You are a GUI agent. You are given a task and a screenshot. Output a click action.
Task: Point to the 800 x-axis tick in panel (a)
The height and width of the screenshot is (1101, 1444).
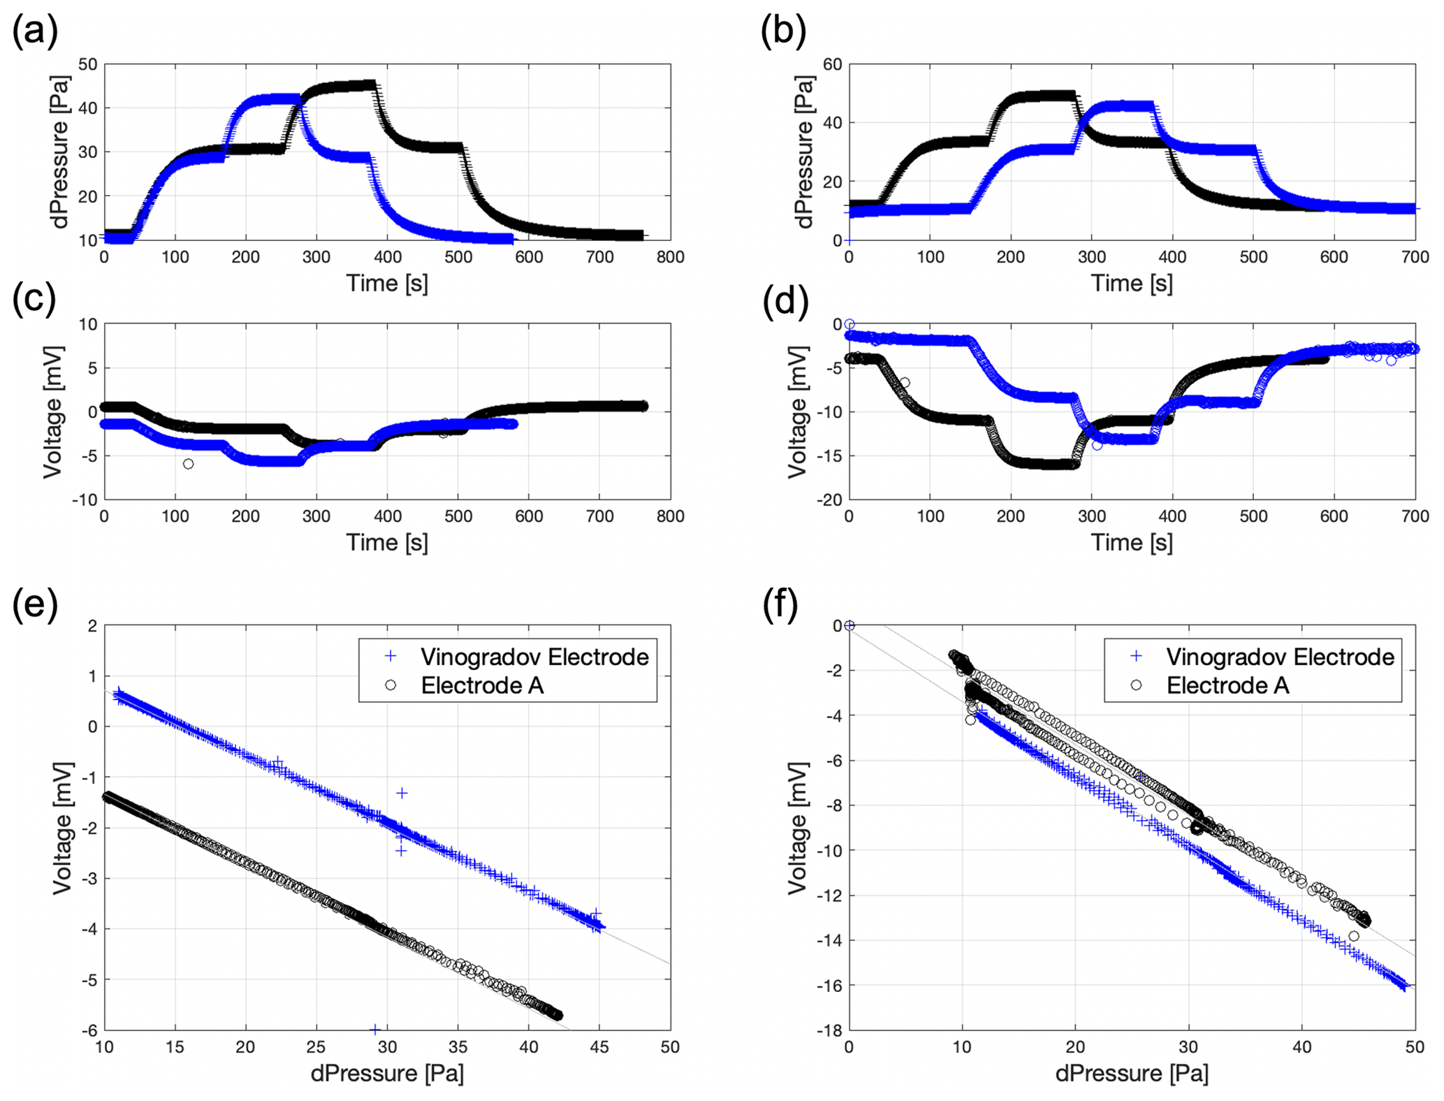point(670,257)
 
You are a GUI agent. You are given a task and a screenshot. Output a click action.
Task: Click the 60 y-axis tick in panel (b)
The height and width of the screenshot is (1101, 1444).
point(833,64)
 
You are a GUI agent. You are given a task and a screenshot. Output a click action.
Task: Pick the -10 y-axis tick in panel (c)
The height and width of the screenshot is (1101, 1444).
point(87,500)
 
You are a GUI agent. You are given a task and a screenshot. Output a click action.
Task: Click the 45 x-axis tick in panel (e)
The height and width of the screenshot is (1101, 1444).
point(599,1047)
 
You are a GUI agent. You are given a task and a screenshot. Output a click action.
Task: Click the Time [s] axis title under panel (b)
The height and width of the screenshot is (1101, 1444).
point(1131,283)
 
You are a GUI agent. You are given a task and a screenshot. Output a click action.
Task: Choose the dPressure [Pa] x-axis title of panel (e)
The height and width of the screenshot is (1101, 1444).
point(387,1073)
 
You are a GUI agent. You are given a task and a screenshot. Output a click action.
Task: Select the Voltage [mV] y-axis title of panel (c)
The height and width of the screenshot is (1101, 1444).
point(53,411)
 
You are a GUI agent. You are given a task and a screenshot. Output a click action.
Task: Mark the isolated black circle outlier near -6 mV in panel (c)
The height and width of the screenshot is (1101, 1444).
point(188,464)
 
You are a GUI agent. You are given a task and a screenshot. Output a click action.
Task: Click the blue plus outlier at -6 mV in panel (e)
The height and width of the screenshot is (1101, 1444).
point(375,1030)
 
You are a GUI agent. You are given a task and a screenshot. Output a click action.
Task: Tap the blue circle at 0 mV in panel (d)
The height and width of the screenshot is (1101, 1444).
point(849,324)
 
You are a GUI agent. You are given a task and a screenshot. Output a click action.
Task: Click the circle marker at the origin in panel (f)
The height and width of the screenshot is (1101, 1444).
point(849,625)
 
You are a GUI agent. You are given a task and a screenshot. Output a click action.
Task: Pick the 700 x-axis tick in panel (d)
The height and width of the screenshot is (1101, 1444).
point(1415,516)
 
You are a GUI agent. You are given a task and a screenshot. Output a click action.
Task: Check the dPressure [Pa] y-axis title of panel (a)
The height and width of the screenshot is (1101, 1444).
point(60,152)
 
